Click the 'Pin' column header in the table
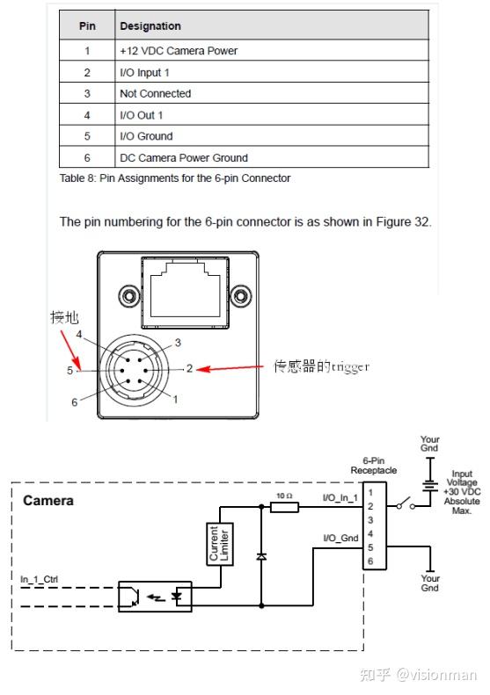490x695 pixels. [87, 26]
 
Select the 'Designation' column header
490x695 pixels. [150, 26]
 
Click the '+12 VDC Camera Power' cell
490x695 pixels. [179, 51]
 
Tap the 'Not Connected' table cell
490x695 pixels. [155, 93]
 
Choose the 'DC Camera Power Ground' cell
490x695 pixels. [184, 158]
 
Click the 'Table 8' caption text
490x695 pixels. [174, 178]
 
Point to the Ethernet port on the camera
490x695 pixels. [186, 288]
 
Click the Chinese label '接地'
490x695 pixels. [63, 318]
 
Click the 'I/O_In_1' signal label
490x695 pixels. [340, 498]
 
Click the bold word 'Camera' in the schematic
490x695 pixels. [48, 501]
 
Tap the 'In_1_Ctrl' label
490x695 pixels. [40, 579]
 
